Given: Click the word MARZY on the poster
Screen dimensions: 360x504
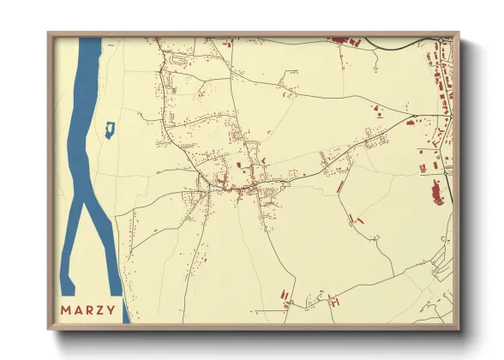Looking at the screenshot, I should point(87,309).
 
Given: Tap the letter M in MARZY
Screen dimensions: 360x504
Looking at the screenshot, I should point(65,309).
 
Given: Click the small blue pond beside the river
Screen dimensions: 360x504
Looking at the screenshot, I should point(109,130).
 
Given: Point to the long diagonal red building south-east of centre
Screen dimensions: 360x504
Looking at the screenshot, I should point(341,185).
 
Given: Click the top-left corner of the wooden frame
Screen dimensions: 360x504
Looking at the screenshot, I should point(49,33).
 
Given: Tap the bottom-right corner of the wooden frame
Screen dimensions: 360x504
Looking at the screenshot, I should point(457,328).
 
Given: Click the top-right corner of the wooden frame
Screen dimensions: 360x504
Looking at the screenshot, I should point(457,33).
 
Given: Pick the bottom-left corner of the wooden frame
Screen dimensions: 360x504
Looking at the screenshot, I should point(49,328).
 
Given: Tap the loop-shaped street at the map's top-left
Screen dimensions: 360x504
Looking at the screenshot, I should point(179,61).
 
